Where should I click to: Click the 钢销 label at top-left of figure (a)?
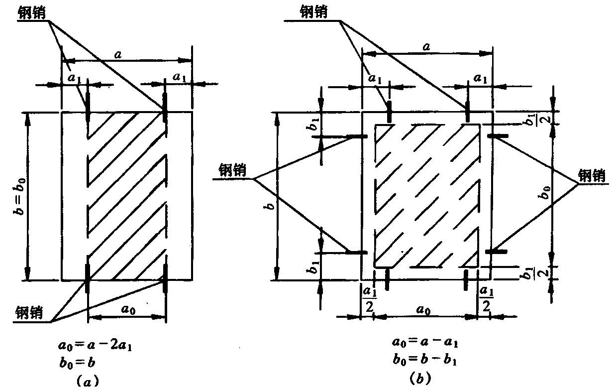coord(31,12)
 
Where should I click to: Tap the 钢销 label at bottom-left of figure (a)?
coord(29,312)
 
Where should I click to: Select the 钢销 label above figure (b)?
coord(313,12)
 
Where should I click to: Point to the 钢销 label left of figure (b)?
coord(232,170)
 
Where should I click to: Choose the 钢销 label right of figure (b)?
coord(592,176)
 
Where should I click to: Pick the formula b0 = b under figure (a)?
coord(77,363)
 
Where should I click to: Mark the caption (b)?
coord(421,379)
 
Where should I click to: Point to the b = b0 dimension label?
coord(20,196)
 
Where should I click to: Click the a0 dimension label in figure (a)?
coord(128,309)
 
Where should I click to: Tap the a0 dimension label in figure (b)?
coord(423,310)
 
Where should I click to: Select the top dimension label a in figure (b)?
coord(426,47)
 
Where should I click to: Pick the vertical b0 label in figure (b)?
coord(545,192)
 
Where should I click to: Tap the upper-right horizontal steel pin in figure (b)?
coord(498,135)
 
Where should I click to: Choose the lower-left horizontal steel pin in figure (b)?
coord(357,253)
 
